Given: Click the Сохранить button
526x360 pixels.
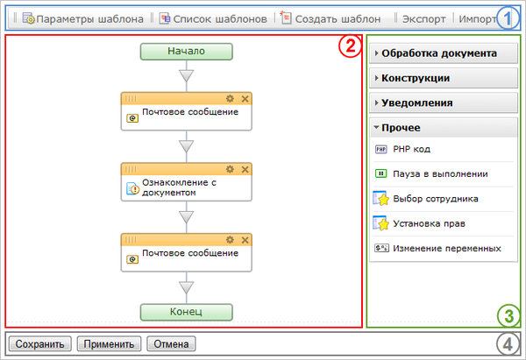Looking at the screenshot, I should pos(39,343).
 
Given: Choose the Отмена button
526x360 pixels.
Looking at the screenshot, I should pos(172,343).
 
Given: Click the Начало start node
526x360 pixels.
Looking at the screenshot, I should pos(186,51).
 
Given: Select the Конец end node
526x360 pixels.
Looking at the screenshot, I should pos(186,311).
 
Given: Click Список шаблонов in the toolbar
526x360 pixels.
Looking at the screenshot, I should pos(213,18).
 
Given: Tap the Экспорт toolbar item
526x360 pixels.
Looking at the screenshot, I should pos(423,18).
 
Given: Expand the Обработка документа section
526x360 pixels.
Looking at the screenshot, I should pos(439,53).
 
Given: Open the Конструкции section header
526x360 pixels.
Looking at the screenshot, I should pos(416,78).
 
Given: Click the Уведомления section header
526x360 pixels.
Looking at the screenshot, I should pos(417,102).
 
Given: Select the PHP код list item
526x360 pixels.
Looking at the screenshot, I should pos(411,149).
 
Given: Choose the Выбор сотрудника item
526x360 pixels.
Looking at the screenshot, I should pos(434,198).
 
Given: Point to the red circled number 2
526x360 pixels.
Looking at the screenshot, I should pos(348,48).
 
